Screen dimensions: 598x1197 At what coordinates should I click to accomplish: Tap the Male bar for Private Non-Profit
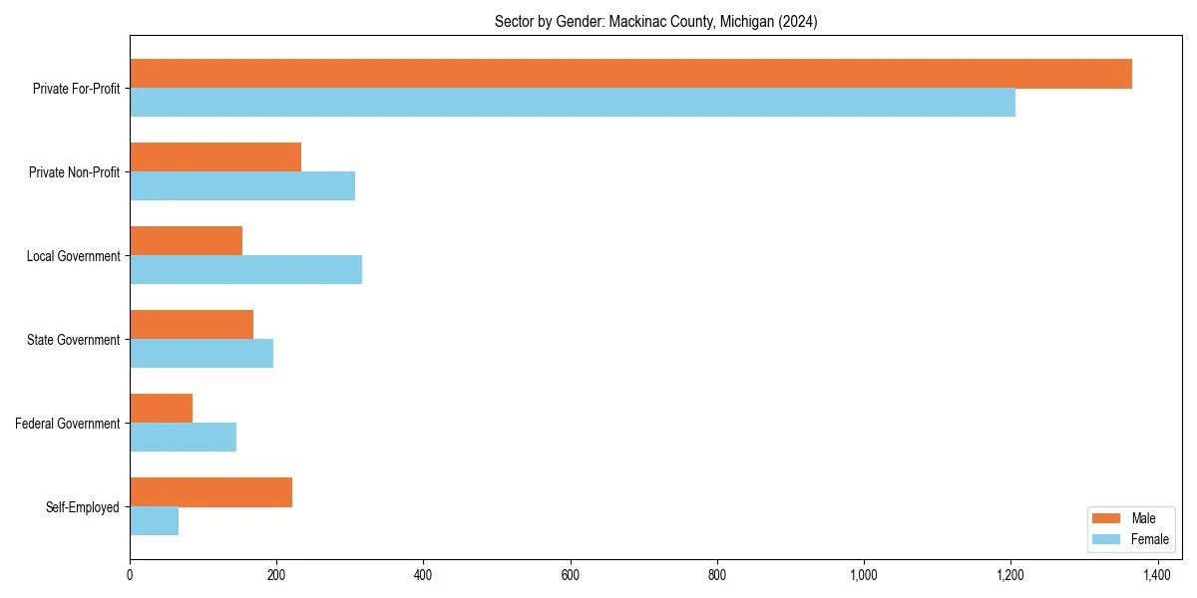coord(215,157)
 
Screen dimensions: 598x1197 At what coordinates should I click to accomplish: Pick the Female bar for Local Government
coord(245,270)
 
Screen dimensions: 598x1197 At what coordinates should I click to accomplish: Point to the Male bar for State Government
coord(192,325)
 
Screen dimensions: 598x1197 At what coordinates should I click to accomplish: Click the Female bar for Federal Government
coord(183,438)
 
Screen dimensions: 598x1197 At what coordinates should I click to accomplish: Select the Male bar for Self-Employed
coord(210,492)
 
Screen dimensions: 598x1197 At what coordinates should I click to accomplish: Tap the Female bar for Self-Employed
coord(154,521)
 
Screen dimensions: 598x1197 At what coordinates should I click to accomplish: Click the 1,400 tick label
coord(1157,575)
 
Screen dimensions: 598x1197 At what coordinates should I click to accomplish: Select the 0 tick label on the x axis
coord(130,575)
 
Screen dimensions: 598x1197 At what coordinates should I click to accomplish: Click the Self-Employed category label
coord(83,507)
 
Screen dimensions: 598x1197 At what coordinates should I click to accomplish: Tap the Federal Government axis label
coord(68,424)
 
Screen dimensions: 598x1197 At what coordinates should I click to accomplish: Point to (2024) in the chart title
coord(798,22)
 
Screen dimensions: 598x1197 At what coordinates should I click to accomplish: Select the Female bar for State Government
coord(201,354)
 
